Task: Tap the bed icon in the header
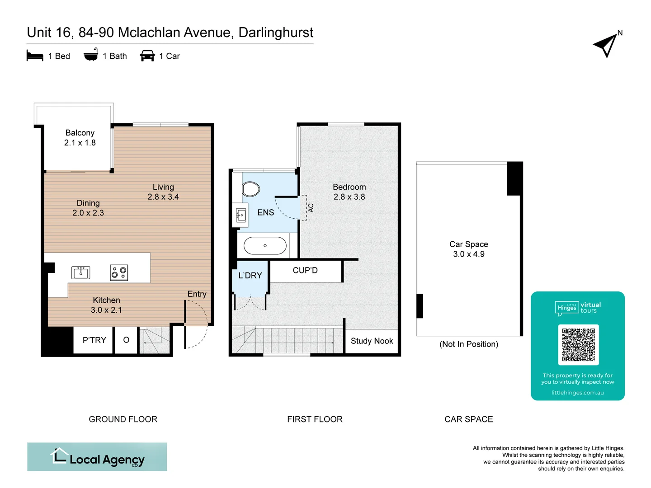[35, 56]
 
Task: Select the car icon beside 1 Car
[147, 56]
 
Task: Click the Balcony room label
[80, 133]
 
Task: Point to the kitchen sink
[81, 272]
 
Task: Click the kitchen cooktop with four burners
[119, 272]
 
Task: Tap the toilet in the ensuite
[250, 189]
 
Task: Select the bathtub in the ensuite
[265, 246]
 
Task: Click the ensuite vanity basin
[241, 216]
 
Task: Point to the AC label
[311, 208]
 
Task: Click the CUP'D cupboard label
[305, 271]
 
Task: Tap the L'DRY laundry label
[250, 276]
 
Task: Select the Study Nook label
[372, 341]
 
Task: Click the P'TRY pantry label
[94, 340]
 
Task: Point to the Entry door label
[197, 294]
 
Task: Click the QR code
[578, 345]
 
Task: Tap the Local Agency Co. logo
[97, 457]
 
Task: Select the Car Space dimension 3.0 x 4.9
[469, 254]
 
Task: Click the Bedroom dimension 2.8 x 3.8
[349, 197]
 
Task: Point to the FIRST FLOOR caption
[315, 419]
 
